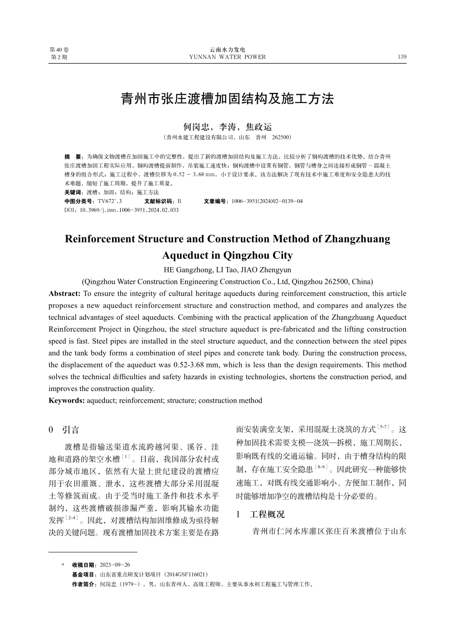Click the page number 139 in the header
(x=402, y=57)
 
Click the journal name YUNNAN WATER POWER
(x=227, y=57)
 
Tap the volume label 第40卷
(x=59, y=50)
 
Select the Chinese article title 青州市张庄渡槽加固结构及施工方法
(x=227, y=99)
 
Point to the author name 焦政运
(x=259, y=127)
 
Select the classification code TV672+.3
(x=110, y=201)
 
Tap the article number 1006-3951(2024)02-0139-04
(x=267, y=201)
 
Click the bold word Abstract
(x=64, y=293)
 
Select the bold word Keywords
(x=67, y=400)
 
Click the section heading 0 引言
(x=64, y=430)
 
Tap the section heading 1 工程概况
(x=260, y=514)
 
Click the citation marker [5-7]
(x=384, y=426)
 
